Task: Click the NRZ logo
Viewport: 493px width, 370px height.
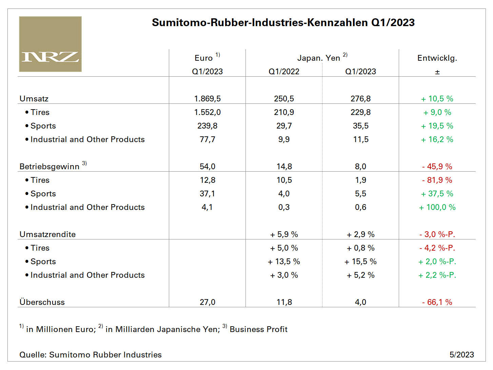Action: click(x=50, y=44)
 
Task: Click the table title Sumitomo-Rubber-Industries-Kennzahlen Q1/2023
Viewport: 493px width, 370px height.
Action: click(x=283, y=23)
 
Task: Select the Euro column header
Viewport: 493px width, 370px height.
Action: click(x=204, y=58)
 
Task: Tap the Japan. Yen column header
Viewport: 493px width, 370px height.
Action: click(x=318, y=58)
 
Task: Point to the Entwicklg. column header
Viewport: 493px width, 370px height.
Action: click(x=437, y=58)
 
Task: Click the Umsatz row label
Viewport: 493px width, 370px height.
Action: click(x=34, y=99)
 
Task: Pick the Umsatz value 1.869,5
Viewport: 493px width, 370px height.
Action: click(x=207, y=99)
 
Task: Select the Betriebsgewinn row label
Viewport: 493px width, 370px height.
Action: click(x=50, y=167)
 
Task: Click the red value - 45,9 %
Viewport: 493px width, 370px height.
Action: click(x=437, y=167)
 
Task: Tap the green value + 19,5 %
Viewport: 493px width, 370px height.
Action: click(x=437, y=126)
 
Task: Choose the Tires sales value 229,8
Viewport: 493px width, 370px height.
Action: click(x=360, y=112)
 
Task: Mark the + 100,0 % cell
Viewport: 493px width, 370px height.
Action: click(x=437, y=207)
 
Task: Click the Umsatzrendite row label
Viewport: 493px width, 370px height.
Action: click(x=47, y=234)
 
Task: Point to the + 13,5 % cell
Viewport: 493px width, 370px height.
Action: click(x=284, y=261)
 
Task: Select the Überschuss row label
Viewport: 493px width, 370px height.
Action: click(x=42, y=302)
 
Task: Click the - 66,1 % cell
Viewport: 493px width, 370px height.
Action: click(x=437, y=302)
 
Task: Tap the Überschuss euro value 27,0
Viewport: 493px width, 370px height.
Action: click(x=207, y=302)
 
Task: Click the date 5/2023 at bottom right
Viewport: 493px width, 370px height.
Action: click(x=461, y=355)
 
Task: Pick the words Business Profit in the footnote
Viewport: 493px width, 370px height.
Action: click(x=258, y=329)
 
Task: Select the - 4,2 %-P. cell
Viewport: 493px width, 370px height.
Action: click(x=437, y=248)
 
